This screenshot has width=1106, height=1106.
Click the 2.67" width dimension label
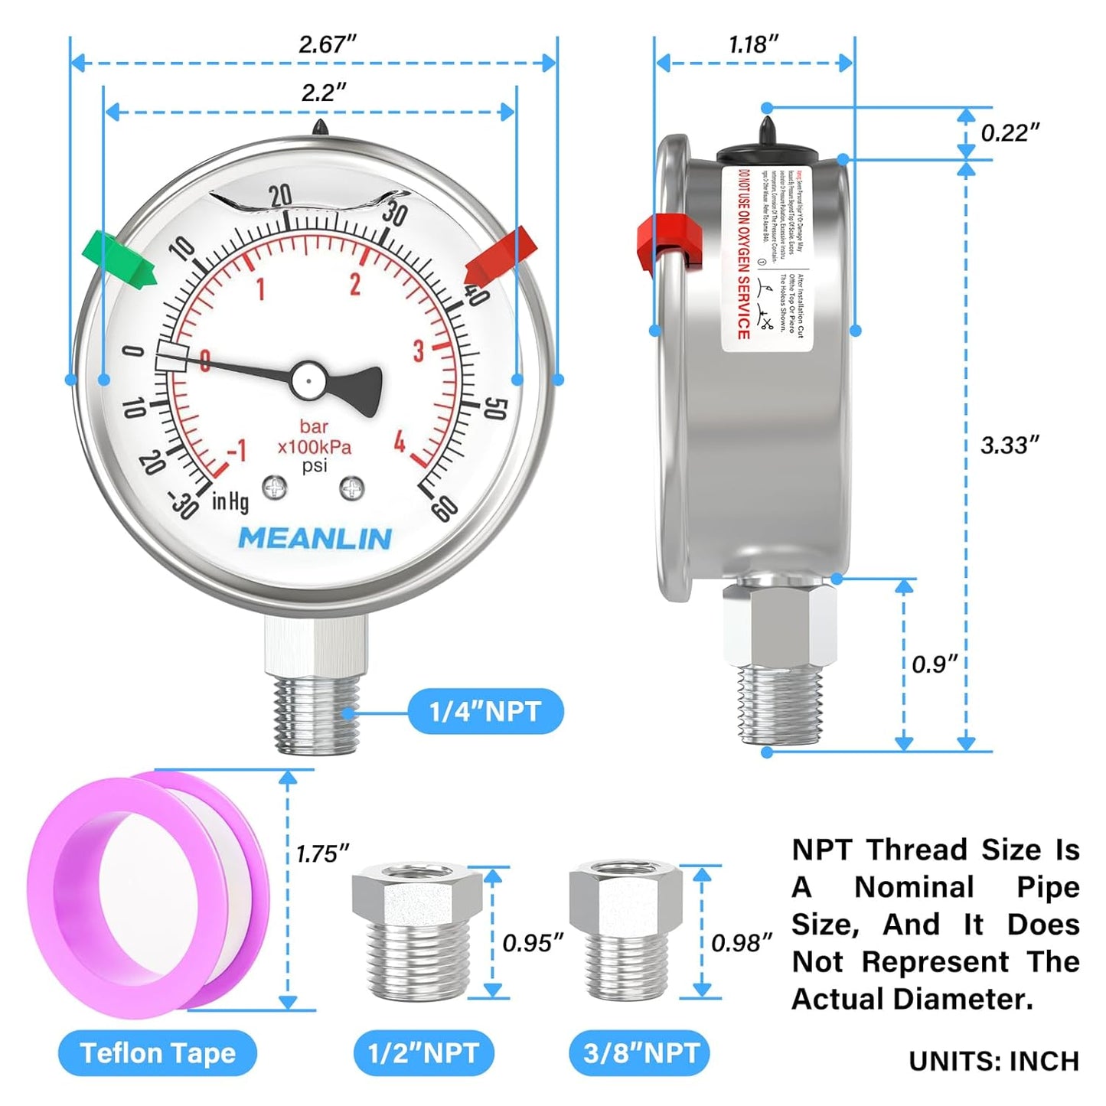[x=328, y=44]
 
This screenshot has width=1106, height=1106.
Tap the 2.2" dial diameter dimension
[x=323, y=93]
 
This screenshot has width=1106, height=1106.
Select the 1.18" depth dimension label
[x=753, y=44]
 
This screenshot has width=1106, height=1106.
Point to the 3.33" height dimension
[x=1010, y=445]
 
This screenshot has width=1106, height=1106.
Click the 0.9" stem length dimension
[x=935, y=664]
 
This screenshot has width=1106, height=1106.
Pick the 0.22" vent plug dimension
[x=1010, y=132]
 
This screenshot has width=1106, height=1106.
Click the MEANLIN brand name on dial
[x=315, y=538]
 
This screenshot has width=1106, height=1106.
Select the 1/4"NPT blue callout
[x=485, y=712]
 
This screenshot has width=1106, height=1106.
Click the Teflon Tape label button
[x=158, y=1053]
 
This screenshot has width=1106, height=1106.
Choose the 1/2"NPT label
[x=423, y=1053]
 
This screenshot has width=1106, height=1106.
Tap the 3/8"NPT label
[x=640, y=1053]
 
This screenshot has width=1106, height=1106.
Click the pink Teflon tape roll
[x=145, y=892]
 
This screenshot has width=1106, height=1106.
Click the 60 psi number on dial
[x=445, y=507]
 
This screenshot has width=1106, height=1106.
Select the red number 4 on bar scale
[x=400, y=442]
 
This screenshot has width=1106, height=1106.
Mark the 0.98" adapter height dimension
[x=741, y=943]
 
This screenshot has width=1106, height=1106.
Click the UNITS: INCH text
[x=993, y=1061]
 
